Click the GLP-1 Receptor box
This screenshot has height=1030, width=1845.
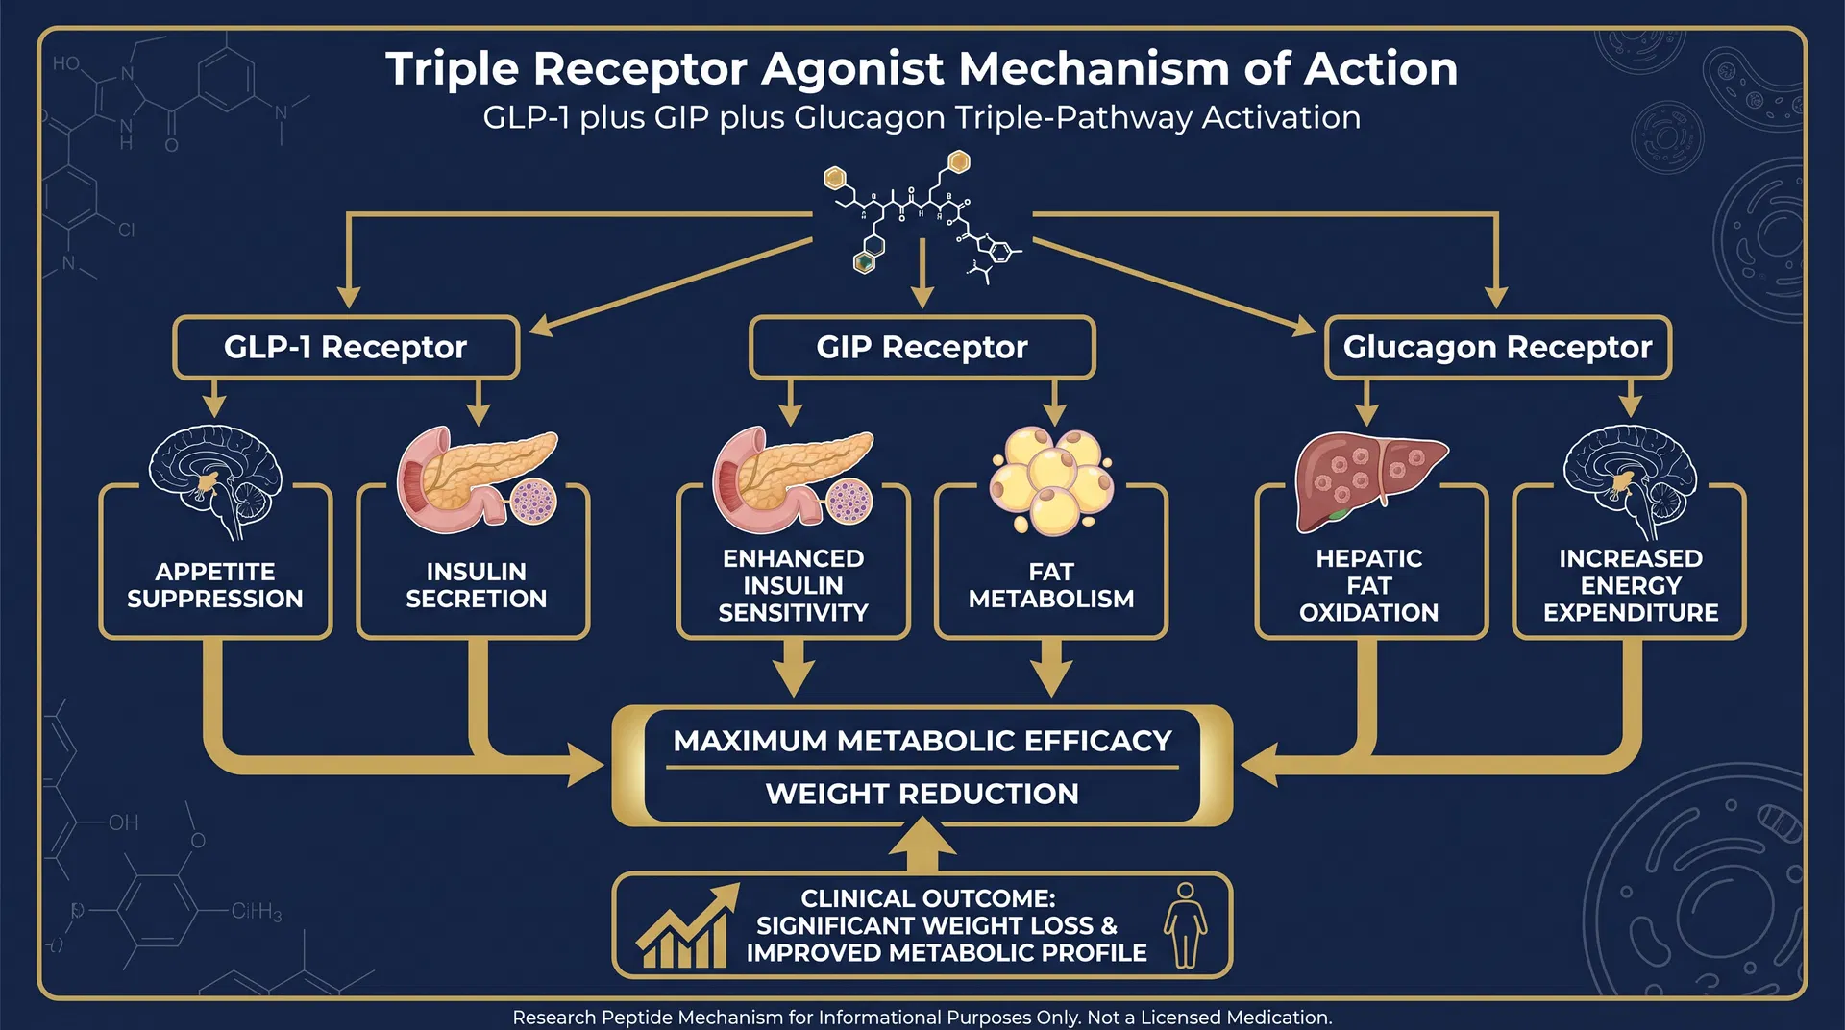tap(346, 347)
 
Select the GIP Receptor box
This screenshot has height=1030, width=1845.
tap(922, 347)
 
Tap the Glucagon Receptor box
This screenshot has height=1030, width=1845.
tap(1497, 347)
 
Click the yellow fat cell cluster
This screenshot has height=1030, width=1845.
tap(1051, 478)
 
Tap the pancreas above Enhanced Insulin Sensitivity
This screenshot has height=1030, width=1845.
tap(793, 478)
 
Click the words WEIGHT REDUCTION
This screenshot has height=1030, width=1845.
tap(922, 794)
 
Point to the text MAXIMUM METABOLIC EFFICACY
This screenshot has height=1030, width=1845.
tap(922, 741)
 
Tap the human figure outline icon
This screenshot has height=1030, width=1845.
tap(1186, 924)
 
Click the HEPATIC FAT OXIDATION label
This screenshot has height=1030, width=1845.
tap(1368, 585)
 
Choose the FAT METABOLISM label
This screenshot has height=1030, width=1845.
tap(1051, 585)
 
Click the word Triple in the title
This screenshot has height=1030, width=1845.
tap(451, 69)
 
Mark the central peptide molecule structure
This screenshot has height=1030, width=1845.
tap(922, 216)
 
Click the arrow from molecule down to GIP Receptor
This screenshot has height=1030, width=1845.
tap(922, 274)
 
